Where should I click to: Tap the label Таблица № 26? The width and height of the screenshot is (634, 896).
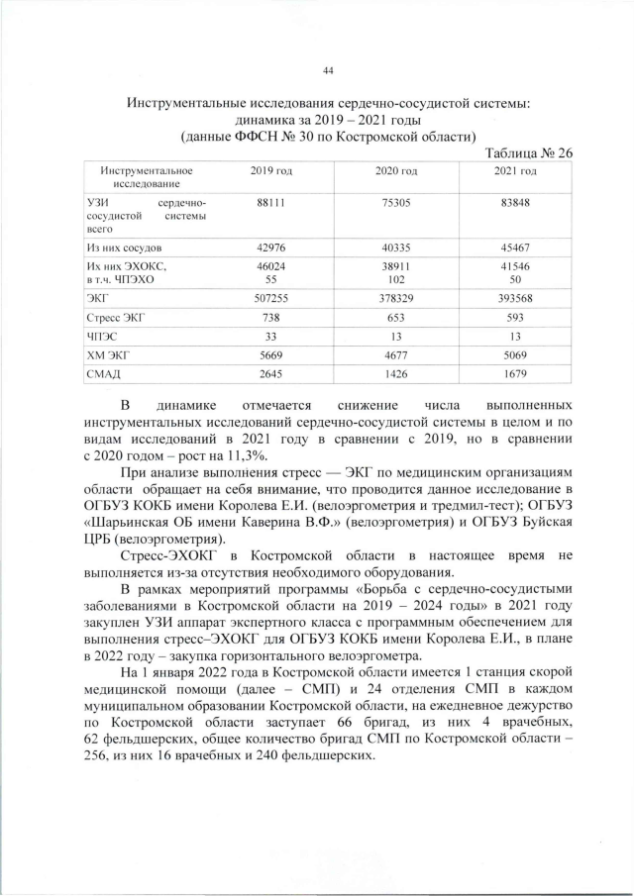[x=531, y=152]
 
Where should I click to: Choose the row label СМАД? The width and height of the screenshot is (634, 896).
[x=104, y=373]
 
